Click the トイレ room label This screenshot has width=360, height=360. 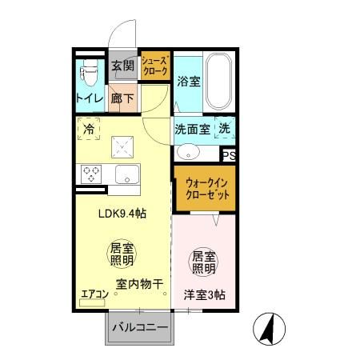click(x=89, y=99)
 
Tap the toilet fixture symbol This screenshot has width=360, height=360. click(x=89, y=74)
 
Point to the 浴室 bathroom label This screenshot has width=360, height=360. click(x=188, y=82)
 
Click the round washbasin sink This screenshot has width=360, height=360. click(x=189, y=151)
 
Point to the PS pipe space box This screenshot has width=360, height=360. click(x=229, y=155)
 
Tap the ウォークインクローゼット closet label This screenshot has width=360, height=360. click(x=203, y=189)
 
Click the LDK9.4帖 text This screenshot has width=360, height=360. click(x=121, y=214)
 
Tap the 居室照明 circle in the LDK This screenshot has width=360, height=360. click(x=121, y=254)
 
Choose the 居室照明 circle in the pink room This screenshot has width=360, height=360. click(x=202, y=262)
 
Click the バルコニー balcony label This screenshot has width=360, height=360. click(x=139, y=328)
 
